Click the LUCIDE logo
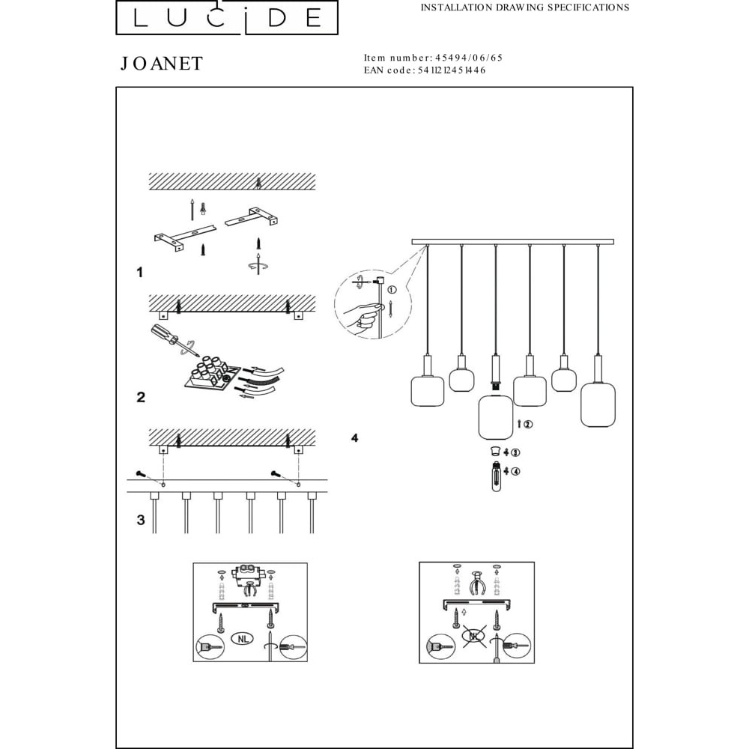tap(227, 18)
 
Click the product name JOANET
tap(162, 64)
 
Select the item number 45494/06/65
tap(469, 58)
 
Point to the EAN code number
tap(452, 70)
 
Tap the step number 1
tap(139, 273)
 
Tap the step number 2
tap(141, 397)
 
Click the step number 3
tap(141, 520)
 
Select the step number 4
tap(354, 437)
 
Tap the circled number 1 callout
tap(392, 290)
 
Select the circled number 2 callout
tap(528, 424)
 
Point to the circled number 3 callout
tap(515, 452)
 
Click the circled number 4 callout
tap(515, 471)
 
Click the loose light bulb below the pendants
tap(497, 476)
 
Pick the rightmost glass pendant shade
tap(598, 403)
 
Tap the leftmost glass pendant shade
tap(428, 391)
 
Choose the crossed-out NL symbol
tap(474, 636)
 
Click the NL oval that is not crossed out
tap(243, 638)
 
